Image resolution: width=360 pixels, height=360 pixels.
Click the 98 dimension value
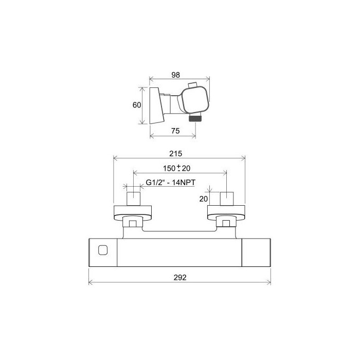176,75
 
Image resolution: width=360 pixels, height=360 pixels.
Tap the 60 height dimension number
137,105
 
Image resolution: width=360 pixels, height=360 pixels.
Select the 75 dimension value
175,131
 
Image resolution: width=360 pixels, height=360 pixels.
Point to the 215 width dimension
176,153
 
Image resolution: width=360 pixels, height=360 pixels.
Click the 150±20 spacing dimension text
176,168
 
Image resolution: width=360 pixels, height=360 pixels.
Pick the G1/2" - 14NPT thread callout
171,183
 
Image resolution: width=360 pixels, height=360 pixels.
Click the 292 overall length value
180,278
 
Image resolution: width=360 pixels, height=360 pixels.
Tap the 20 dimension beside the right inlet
204,199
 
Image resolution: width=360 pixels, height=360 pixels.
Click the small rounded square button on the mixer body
103,250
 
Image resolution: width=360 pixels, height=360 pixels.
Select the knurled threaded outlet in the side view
195,118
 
